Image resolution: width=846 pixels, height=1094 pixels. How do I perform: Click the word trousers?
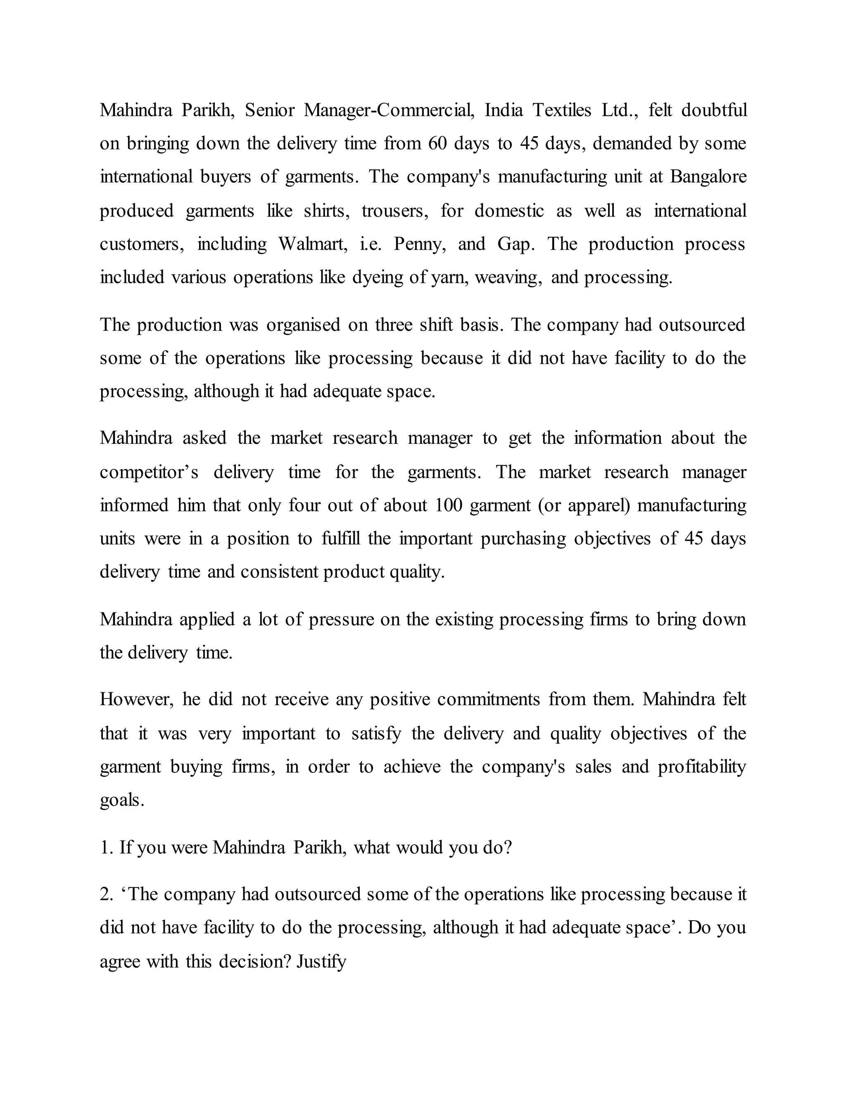(x=395, y=211)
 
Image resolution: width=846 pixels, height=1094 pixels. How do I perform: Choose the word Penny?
(x=420, y=244)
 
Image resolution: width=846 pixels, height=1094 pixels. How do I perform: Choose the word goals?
(x=122, y=800)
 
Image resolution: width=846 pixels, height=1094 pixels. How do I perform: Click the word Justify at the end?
(x=321, y=962)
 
